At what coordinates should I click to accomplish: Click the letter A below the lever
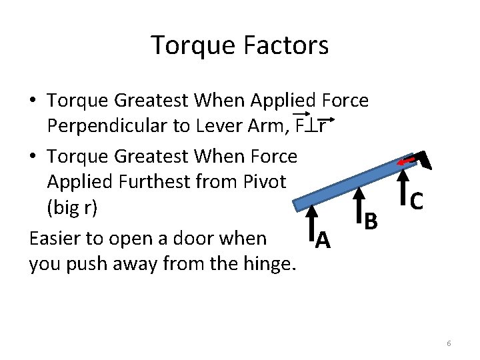tap(323, 238)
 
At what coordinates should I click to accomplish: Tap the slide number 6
tap(449, 343)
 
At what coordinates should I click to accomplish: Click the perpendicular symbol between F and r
tap(311, 125)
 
